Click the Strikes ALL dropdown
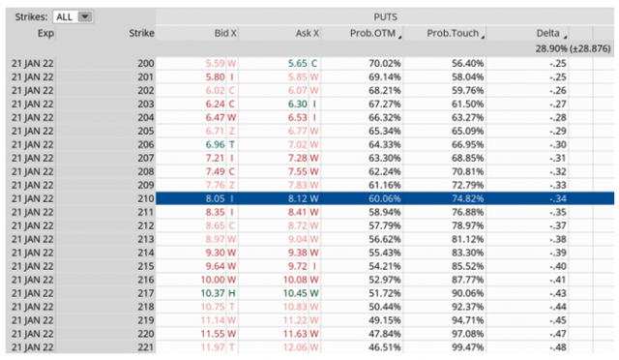pyautogui.click(x=73, y=16)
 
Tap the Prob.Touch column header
pyautogui.click(x=455, y=33)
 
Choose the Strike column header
pyautogui.click(x=140, y=33)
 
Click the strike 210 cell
pyautogui.click(x=146, y=197)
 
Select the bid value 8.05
pyautogui.click(x=216, y=197)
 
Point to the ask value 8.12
pyautogui.click(x=299, y=197)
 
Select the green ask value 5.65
pyautogui.click(x=299, y=62)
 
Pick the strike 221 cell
pyautogui.click(x=146, y=346)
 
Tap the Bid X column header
pyautogui.click(x=224, y=33)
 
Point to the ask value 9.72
pyautogui.click(x=299, y=265)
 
